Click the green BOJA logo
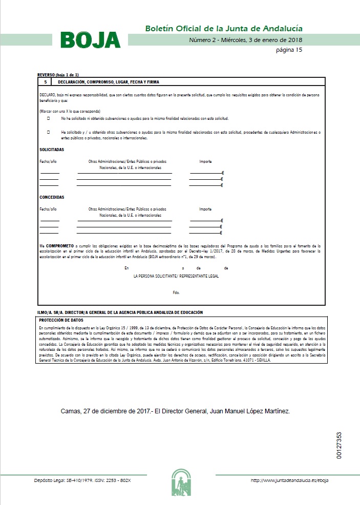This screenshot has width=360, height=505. tap(90, 40)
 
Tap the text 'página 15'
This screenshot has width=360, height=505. tap(289, 50)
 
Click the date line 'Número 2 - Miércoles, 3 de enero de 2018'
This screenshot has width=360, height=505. tap(246, 40)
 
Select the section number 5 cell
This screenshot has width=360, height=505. tap(46, 82)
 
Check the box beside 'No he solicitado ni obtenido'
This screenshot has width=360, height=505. tap(49, 118)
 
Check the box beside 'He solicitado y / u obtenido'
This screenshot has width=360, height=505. tap(49, 132)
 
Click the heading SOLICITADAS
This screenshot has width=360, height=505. tap(52, 150)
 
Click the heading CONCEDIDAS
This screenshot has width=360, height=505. tap(52, 197)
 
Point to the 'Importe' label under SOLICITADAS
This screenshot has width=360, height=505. tap(205, 162)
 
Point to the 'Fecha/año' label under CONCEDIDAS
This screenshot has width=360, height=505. tap(48, 209)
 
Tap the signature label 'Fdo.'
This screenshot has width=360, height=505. tap(176, 293)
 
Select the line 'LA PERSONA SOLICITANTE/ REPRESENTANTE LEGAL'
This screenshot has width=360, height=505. tap(176, 276)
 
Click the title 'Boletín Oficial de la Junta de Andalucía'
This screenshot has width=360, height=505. tap(224, 28)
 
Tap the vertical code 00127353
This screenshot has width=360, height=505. tap(339, 446)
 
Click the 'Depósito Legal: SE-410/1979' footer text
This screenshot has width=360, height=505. tap(82, 480)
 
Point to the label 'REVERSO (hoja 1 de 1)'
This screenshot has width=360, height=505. tap(58, 75)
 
